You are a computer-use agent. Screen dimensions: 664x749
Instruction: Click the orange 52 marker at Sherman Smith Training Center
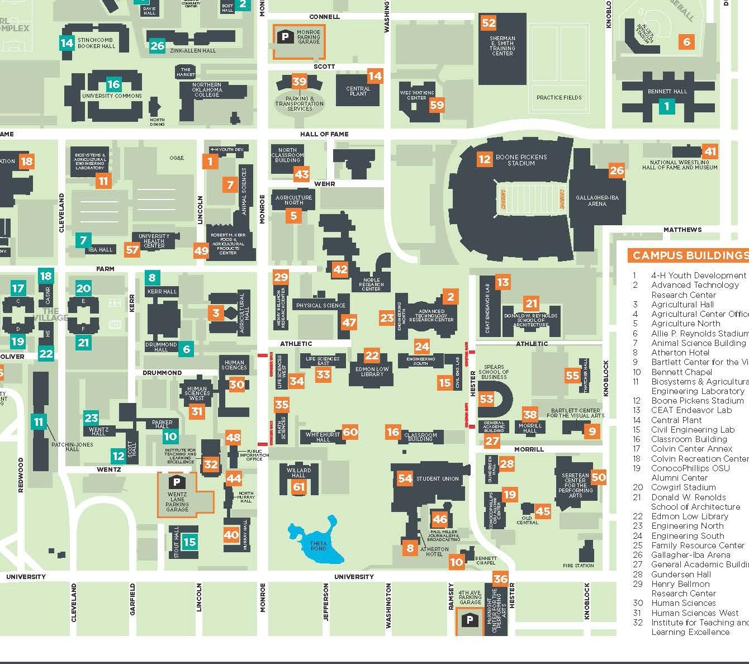coord(489,23)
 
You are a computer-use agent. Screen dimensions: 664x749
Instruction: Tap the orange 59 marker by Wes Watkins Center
coord(437,105)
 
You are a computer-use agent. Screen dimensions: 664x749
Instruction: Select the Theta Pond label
coord(318,546)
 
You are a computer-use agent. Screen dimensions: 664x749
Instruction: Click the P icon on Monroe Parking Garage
coord(286,37)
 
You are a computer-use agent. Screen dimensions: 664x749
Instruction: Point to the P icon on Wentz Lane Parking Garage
coord(177,482)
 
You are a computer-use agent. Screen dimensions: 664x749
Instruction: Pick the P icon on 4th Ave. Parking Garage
coord(470,620)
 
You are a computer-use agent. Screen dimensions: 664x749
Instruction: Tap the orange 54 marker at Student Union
coord(405,478)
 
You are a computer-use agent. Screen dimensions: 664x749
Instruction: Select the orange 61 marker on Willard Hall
coord(299,487)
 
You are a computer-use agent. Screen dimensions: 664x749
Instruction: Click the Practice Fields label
coord(559,97)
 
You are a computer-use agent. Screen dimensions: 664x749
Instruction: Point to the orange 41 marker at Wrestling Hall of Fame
coord(710,151)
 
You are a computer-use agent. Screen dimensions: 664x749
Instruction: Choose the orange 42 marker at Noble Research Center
coord(340,269)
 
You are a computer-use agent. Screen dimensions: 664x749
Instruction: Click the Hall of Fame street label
coord(324,134)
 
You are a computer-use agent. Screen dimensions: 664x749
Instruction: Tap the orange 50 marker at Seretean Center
coord(598,477)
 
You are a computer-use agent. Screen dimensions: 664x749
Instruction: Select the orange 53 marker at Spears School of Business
coord(486,399)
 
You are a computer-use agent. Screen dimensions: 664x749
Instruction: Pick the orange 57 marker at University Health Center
coord(132,250)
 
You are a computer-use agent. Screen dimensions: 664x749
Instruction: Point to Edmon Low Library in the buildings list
coord(689,516)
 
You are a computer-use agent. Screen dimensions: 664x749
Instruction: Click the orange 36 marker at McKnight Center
coord(500,579)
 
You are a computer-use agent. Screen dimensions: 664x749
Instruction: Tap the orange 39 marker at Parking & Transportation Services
coord(300,82)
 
